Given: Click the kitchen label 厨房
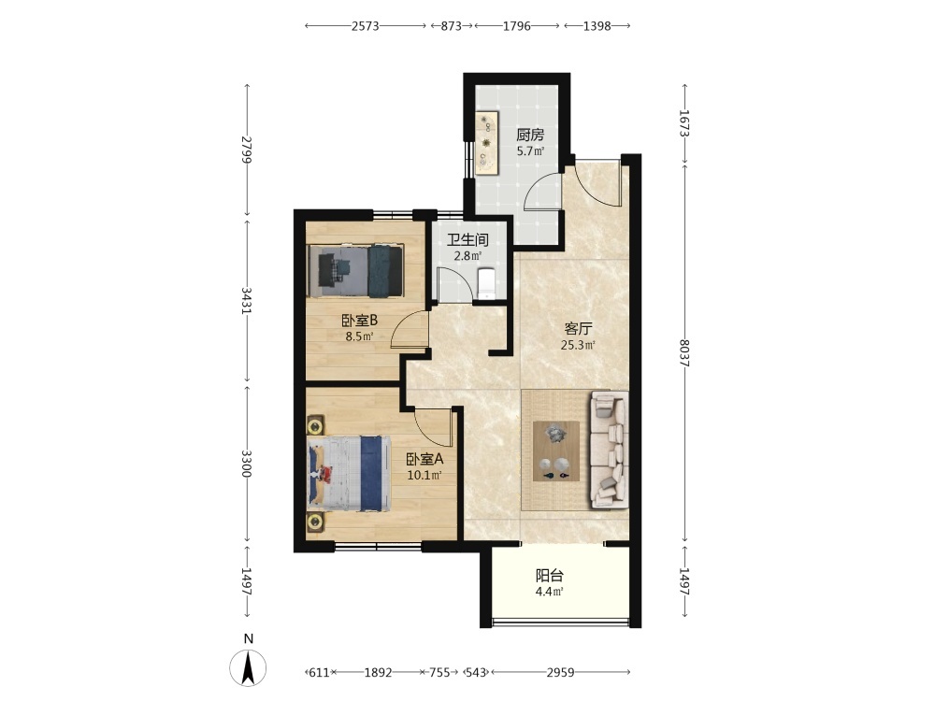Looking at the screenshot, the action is [530, 135].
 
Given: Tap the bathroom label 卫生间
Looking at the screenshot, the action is [468, 240].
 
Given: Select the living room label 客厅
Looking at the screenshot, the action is [579, 328].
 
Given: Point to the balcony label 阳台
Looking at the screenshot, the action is [549, 576].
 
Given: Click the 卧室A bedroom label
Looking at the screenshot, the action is [424, 460].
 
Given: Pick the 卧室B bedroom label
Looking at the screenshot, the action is [360, 321].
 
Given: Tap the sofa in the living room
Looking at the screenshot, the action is [609, 450].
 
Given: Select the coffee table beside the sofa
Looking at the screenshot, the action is [556, 451].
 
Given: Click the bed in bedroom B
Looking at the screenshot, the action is [355, 271].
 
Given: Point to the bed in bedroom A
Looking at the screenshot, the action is [350, 473].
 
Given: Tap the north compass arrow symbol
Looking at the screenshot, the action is [249, 667].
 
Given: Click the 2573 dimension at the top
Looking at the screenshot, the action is [365, 26].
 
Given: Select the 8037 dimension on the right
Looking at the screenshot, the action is [684, 353].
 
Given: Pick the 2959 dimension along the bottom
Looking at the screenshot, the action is [560, 672].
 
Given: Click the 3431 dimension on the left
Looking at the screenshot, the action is [247, 301].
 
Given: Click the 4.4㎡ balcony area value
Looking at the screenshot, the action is [549, 592].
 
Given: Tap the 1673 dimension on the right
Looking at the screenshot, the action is [684, 123].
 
